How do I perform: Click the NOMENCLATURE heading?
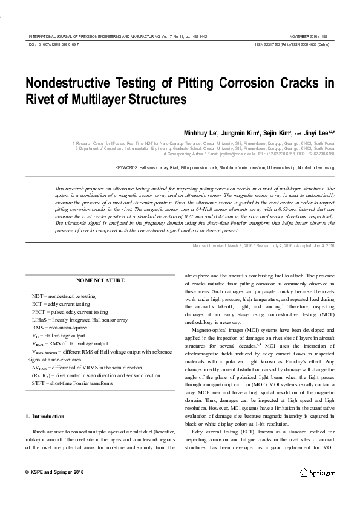point(100,280)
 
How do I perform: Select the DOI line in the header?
point(54,45)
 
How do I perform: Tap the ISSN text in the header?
point(292,45)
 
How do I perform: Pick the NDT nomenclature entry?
point(64,296)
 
